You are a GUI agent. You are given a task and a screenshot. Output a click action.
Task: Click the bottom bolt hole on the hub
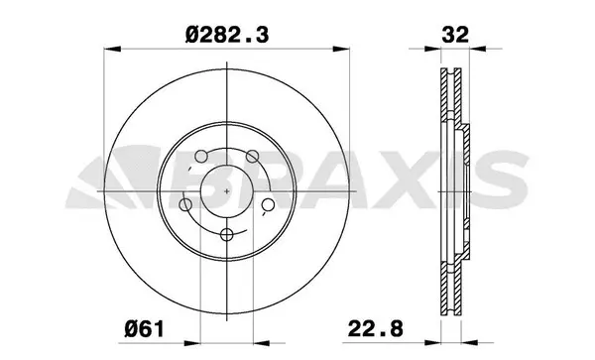227,234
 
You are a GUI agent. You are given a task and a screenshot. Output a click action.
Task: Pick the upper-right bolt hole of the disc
253,156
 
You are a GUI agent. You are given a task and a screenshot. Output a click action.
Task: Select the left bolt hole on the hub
185,205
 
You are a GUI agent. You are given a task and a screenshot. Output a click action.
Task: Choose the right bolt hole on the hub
268,205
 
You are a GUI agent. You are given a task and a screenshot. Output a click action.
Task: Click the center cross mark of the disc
227,189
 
